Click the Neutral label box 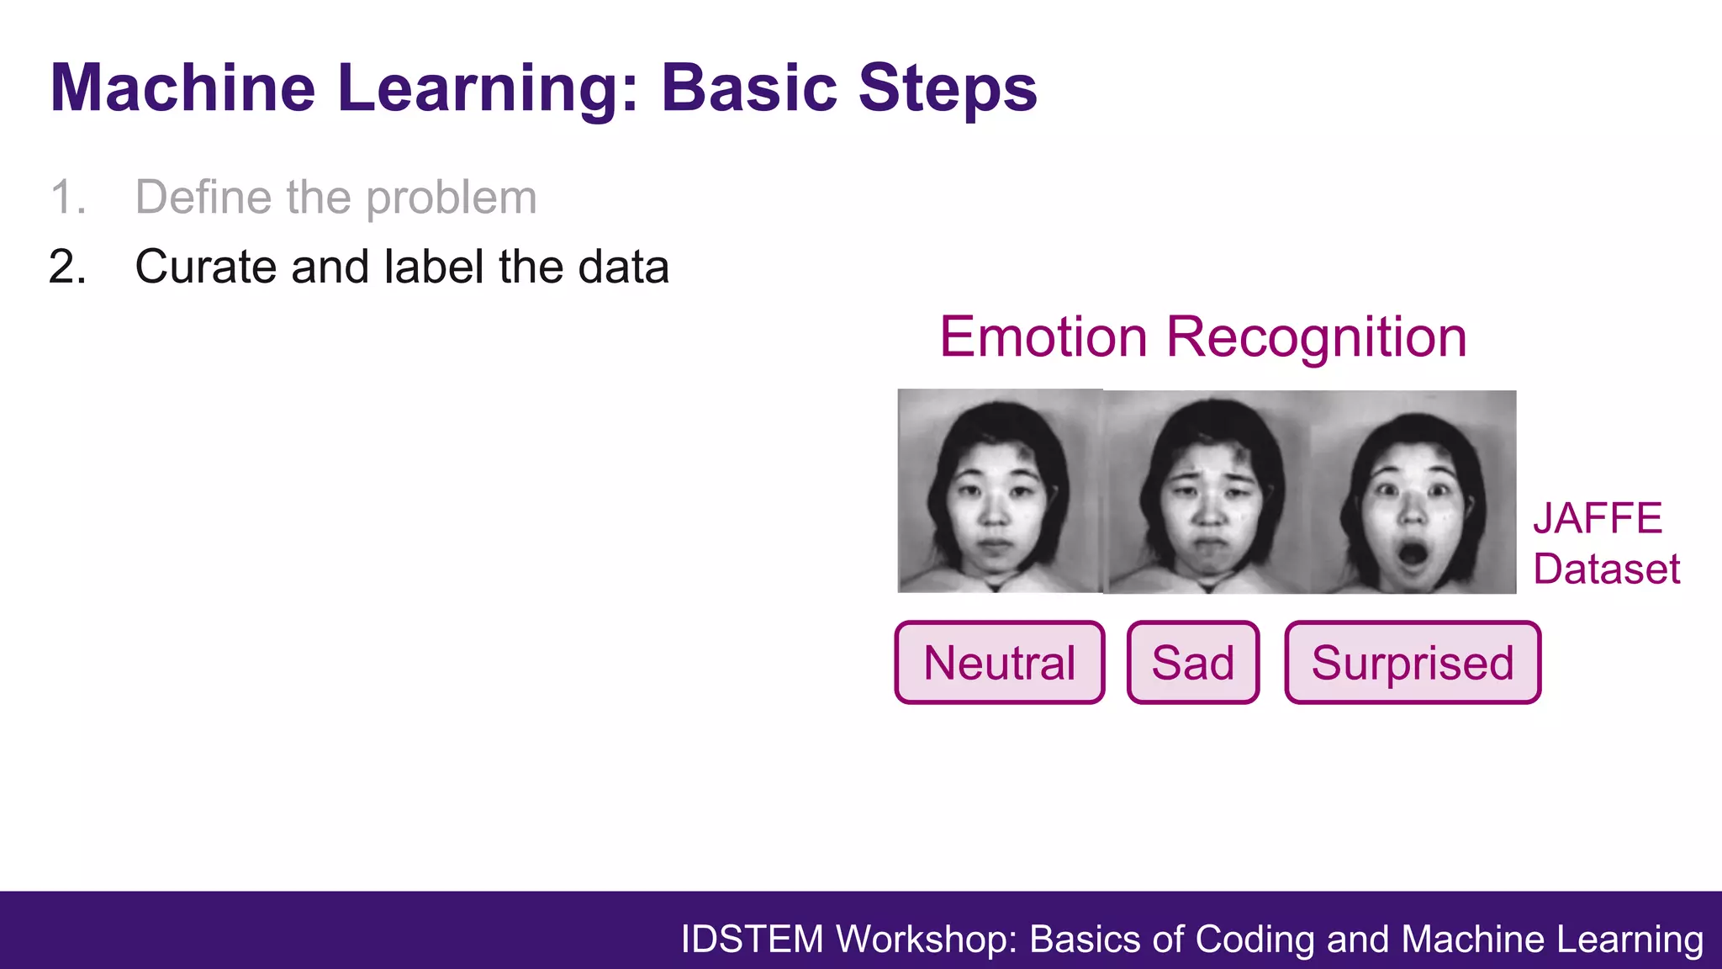[999, 663]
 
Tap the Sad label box [1192, 663]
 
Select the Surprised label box [1413, 663]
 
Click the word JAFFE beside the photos [1598, 518]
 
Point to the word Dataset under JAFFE [1606, 569]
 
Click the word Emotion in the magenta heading [1043, 337]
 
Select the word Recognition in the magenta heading [1316, 337]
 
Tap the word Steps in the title [948, 87]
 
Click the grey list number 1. [67, 198]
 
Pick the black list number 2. [67, 267]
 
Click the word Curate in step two [205, 267]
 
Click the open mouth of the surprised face [1412, 554]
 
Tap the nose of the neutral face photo [995, 513]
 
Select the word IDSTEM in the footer [752, 940]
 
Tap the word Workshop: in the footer [927, 940]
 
